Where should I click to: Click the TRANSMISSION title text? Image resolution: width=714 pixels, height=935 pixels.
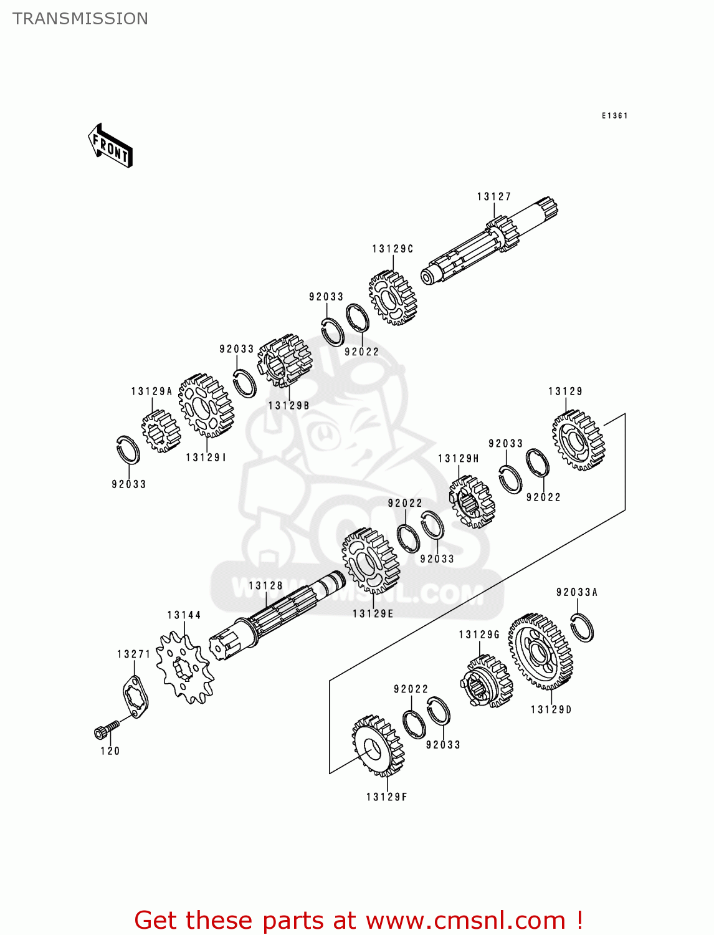click(x=80, y=19)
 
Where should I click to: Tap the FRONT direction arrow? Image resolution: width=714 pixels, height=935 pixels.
click(x=110, y=146)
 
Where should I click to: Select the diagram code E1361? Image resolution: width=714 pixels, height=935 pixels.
click(x=614, y=116)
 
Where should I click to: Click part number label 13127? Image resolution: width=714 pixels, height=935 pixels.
click(x=494, y=197)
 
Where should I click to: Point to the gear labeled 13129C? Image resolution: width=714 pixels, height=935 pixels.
click(x=392, y=298)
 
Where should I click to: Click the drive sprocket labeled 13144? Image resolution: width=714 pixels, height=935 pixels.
click(x=184, y=667)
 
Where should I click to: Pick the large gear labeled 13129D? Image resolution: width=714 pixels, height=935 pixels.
click(x=540, y=651)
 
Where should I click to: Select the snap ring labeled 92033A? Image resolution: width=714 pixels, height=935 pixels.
click(x=582, y=627)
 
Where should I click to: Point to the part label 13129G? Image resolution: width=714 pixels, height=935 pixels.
click(x=479, y=635)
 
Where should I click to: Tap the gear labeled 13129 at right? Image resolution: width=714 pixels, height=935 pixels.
click(x=578, y=440)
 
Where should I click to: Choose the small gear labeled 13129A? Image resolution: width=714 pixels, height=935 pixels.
click(x=160, y=431)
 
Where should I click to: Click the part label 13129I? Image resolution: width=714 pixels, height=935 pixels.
click(x=206, y=458)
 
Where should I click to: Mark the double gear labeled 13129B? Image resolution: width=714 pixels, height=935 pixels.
click(x=284, y=361)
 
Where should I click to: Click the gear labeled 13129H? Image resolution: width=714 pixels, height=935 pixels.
click(x=472, y=501)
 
